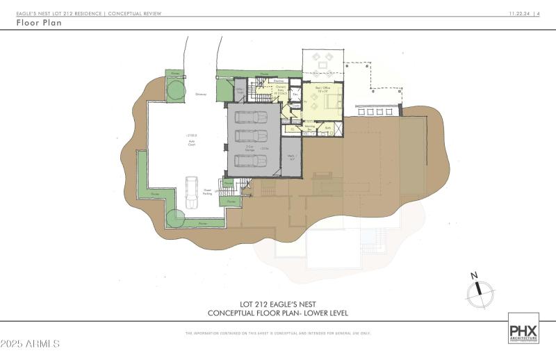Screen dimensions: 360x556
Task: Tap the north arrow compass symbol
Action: click(x=478, y=291)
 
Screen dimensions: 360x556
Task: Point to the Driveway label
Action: click(x=202, y=95)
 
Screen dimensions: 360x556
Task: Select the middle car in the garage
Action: click(x=251, y=134)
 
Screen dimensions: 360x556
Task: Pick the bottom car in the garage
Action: click(x=251, y=161)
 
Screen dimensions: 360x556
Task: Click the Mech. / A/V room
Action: click(x=292, y=157)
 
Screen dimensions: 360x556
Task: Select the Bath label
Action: click(x=327, y=128)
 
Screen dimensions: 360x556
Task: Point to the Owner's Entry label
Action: click(x=274, y=91)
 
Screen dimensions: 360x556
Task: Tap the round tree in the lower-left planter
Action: click(x=175, y=218)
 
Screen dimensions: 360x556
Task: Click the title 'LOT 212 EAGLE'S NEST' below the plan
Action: click(x=277, y=304)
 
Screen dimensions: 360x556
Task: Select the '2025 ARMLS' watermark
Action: click(x=31, y=344)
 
